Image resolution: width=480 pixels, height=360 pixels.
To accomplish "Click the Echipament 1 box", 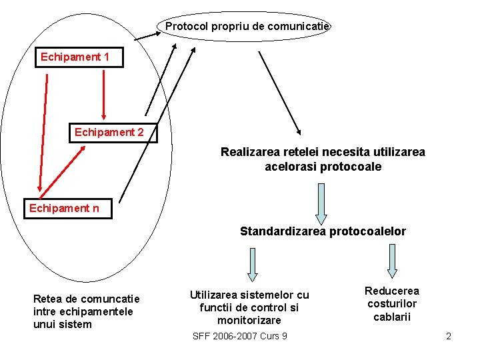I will pos(75,57).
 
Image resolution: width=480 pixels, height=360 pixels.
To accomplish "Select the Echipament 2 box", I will pos(109,132).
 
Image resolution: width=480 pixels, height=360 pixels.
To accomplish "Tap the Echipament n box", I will pos(64,209).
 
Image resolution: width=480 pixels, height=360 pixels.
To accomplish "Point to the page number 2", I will pos(449,336).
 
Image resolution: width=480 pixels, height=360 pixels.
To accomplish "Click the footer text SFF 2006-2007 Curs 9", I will pos(239,336).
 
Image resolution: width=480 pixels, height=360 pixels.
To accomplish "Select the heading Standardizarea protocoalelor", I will pos(323,231).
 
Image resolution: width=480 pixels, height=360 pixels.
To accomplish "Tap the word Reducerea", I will pos(391,291).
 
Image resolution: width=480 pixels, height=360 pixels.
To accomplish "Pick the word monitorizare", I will pos(249,320).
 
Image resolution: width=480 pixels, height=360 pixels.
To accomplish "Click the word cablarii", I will pos(391,317).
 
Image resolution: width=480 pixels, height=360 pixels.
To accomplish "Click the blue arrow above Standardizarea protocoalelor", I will pos(321,203).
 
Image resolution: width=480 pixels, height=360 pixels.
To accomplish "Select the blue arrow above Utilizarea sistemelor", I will pos(253,265).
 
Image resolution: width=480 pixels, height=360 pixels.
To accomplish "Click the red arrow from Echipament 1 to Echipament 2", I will pos(103,93).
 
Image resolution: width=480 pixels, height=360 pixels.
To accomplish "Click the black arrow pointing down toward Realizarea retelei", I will pos(280,93).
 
